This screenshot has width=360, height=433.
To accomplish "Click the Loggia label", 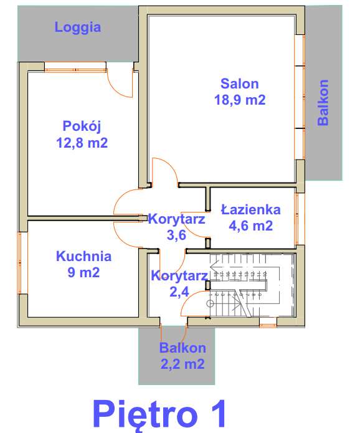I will [x=78, y=27].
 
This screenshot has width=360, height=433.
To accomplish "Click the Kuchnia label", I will [x=83, y=255].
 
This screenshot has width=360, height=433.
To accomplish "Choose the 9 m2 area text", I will [x=83, y=272].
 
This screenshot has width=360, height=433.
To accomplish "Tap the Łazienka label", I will [x=250, y=210].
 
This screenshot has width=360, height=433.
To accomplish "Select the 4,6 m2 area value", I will [x=250, y=226].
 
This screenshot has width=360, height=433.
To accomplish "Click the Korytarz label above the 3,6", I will [x=177, y=219].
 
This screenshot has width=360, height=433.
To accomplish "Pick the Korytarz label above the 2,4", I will [x=179, y=275].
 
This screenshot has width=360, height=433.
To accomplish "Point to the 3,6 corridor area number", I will [x=177, y=235].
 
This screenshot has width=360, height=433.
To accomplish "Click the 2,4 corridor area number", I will [x=179, y=291].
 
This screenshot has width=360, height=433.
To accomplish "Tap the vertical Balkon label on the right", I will [x=323, y=103].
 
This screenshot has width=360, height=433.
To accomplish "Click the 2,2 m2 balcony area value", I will [x=182, y=364].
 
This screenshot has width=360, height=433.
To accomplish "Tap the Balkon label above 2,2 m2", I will [x=182, y=348].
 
